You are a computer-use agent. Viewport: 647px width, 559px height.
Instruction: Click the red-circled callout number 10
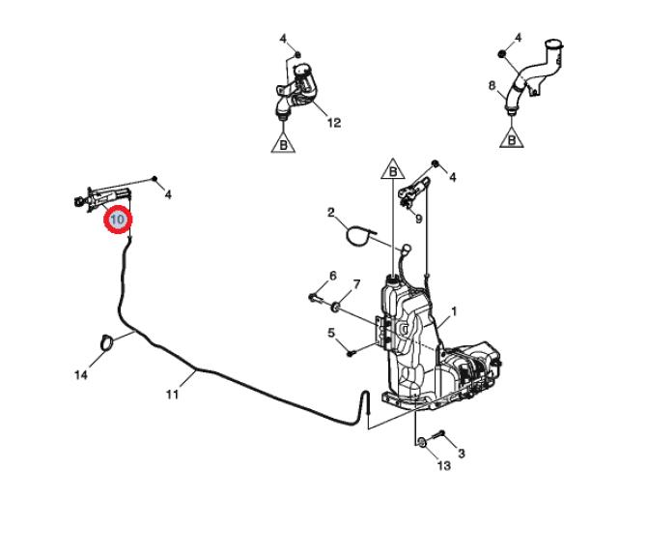click(118, 219)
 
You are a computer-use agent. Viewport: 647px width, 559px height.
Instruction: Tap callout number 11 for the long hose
click(172, 395)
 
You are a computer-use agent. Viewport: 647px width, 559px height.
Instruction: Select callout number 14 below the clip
click(81, 374)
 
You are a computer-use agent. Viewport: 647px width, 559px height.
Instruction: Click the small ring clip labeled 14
click(106, 343)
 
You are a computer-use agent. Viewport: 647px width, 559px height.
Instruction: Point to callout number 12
click(334, 123)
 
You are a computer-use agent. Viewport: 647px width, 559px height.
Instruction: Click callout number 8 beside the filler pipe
click(492, 85)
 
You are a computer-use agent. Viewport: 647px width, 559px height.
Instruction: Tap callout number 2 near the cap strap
click(331, 213)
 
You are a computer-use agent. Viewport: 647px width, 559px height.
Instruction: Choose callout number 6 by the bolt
click(332, 276)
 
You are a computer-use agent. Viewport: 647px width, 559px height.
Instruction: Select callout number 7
click(356, 283)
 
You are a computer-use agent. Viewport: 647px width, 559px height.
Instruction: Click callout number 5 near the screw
click(331, 333)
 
